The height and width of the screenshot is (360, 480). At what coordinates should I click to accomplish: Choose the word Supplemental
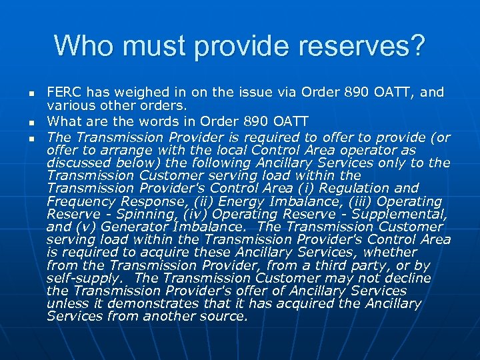point(400,214)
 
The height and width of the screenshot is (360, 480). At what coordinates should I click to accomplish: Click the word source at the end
point(223,317)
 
